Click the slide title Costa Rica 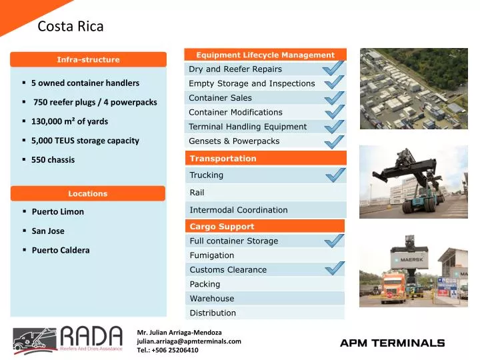71,27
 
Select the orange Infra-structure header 88,59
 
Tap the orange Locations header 87,193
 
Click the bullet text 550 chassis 53,160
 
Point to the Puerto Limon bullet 57,212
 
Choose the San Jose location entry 48,231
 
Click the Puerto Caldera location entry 60,251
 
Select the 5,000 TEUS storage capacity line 85,141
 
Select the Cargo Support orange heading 222,227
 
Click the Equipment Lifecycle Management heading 265,55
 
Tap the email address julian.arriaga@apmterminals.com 189,341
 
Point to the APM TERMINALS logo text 392,343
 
